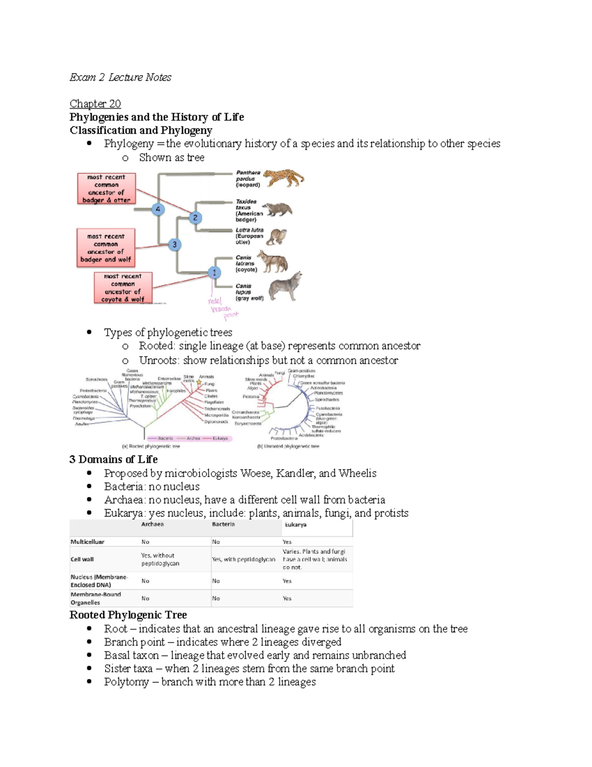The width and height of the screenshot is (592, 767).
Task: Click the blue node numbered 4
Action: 158,209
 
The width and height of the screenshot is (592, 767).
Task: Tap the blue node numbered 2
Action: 195,217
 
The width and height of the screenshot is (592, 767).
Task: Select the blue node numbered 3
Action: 174,244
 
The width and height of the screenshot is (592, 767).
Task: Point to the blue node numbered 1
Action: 214,272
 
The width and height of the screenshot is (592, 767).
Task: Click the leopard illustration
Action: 283,178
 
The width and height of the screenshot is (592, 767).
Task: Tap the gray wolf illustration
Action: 284,287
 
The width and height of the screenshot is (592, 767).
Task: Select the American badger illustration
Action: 279,209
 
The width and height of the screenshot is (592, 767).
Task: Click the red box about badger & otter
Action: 106,189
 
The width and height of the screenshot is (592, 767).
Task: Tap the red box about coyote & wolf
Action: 123,288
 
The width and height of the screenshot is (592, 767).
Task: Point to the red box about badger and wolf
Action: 106,248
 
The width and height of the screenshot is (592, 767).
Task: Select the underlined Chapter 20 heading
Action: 95,104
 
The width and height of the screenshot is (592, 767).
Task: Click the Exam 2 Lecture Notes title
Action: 120,77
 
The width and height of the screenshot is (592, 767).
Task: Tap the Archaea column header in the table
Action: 152,525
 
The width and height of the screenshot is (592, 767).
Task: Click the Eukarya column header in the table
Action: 296,525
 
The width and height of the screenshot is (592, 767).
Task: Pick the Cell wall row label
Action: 82,560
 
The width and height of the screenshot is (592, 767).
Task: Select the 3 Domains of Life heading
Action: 113,459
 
